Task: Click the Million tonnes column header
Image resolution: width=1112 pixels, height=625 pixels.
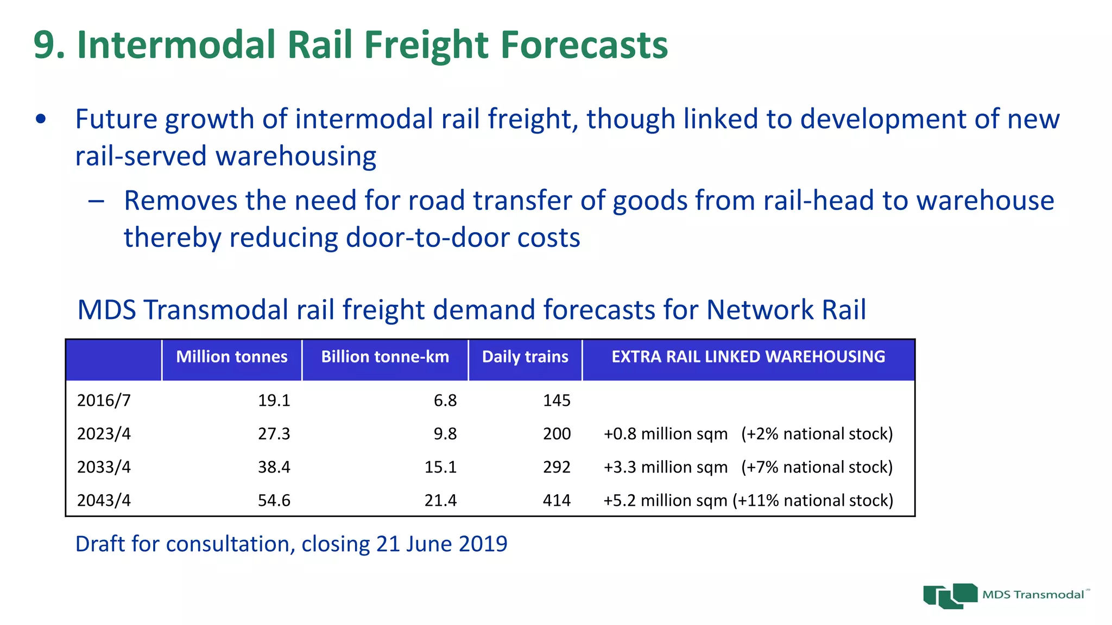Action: click(x=232, y=357)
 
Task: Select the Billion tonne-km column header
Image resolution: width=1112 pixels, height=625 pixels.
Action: click(x=385, y=357)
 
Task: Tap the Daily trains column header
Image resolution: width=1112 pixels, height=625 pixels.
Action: click(x=525, y=357)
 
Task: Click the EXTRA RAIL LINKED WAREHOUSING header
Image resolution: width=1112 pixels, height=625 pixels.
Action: click(x=748, y=357)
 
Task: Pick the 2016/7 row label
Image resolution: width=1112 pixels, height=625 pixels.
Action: click(x=104, y=400)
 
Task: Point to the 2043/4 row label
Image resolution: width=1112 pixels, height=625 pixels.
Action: click(x=104, y=500)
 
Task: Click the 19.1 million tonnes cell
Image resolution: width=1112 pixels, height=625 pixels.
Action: click(x=274, y=400)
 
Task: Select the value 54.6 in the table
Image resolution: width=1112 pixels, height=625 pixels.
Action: click(x=274, y=500)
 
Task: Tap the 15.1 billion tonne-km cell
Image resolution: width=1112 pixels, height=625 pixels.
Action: click(x=440, y=467)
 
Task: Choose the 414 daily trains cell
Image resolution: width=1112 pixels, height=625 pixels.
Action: click(x=557, y=500)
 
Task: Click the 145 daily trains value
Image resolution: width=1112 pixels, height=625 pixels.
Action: click(x=557, y=400)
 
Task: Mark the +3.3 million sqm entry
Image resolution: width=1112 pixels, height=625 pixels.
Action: click(x=665, y=467)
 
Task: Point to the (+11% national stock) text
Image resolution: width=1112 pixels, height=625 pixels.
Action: click(x=813, y=500)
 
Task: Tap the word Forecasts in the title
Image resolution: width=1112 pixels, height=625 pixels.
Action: click(x=584, y=44)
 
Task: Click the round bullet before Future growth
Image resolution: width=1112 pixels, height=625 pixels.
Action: click(x=41, y=119)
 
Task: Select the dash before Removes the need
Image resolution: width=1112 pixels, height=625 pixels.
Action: click(x=96, y=201)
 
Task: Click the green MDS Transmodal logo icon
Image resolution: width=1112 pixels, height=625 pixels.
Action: click(x=950, y=596)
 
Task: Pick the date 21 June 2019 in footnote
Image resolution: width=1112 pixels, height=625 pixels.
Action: click(x=441, y=544)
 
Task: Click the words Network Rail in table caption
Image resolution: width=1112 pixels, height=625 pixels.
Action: click(x=786, y=310)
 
